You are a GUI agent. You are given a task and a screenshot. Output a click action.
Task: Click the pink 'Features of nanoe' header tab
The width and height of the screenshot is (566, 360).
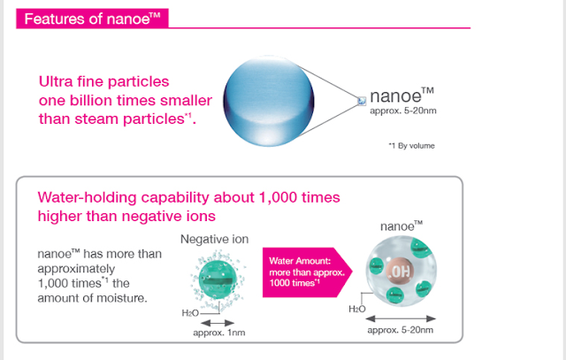pos(92,19)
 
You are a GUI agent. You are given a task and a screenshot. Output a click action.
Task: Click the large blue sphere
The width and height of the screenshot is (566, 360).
pos(269,101)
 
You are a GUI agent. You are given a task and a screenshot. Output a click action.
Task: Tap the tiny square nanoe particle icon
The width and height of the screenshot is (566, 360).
pos(362,101)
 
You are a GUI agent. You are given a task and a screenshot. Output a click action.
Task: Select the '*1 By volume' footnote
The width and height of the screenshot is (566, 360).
pos(411,146)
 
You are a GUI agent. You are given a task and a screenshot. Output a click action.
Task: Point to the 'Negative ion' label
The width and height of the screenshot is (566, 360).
pos(214,239)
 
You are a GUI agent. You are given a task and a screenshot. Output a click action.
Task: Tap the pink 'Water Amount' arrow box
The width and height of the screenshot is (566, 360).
pos(307,272)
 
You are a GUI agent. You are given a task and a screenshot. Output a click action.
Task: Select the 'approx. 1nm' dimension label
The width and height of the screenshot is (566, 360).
pos(219,333)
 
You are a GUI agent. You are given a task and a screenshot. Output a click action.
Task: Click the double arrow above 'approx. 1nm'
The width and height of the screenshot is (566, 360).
pos(218,323)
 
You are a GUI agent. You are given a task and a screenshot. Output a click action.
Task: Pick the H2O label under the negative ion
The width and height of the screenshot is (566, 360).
pos(190,313)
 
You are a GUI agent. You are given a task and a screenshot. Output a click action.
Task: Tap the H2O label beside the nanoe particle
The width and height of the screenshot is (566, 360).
pos(357,309)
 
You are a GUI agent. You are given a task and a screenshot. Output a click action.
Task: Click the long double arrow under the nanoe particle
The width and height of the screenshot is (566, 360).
pos(401,318)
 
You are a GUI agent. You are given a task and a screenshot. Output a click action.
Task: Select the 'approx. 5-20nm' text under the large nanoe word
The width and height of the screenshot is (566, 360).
pos(403,111)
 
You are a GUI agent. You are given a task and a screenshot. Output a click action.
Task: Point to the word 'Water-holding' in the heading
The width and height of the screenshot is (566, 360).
pos(87,197)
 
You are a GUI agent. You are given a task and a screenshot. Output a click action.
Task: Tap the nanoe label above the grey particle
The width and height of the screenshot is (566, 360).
pos(402,226)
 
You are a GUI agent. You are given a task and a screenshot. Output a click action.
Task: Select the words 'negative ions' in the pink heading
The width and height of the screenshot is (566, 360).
pos(169,217)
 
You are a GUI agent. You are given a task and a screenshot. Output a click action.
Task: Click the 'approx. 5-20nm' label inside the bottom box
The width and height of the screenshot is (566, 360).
pos(401,330)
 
